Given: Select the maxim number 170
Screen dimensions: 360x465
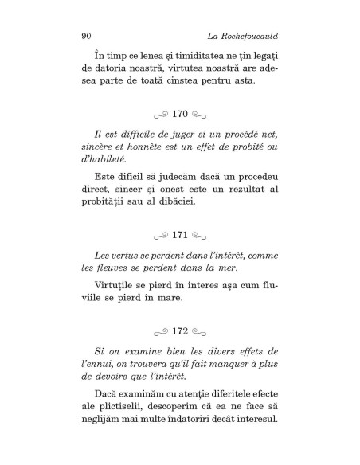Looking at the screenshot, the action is (180, 115).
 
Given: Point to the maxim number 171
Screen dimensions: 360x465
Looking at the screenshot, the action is (180, 236).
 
